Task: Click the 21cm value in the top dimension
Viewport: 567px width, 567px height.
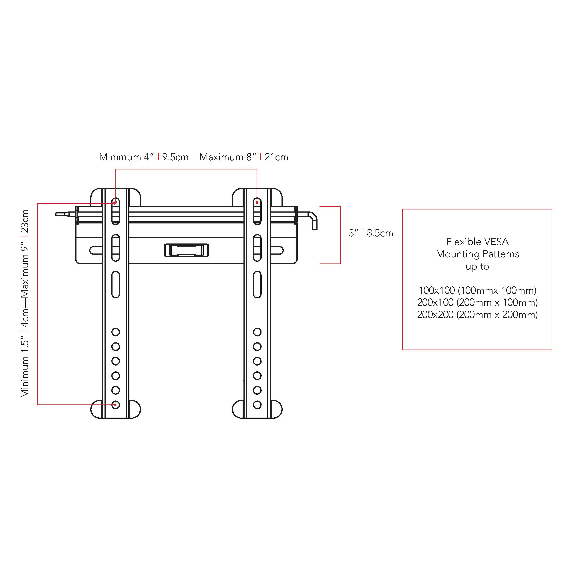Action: pos(276,157)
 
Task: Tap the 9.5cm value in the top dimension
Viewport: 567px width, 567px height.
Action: pos(175,157)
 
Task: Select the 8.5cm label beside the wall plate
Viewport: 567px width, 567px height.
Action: pos(380,233)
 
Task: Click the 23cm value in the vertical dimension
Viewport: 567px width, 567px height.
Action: pos(25,221)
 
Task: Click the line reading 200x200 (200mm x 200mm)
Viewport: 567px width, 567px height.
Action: pos(477,315)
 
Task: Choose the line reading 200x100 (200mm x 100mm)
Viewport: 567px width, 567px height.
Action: pos(477,302)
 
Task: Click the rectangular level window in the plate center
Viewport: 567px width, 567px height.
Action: pos(186,250)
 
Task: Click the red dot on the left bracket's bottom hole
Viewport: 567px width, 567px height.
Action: pos(115,405)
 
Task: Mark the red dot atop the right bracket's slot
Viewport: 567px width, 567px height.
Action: pos(257,202)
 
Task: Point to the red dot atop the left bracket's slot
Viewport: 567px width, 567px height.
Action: pos(115,203)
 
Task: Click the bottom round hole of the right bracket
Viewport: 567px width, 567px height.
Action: pos(257,405)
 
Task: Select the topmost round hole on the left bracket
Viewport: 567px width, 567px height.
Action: pos(116,332)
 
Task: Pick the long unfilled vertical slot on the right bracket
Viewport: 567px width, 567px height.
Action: pos(257,284)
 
